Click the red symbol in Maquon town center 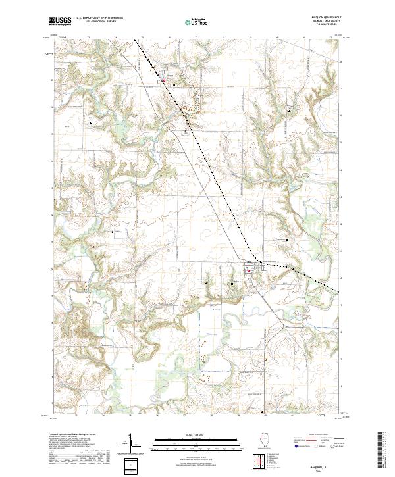(x=250, y=268)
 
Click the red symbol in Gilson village (x=165, y=80)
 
